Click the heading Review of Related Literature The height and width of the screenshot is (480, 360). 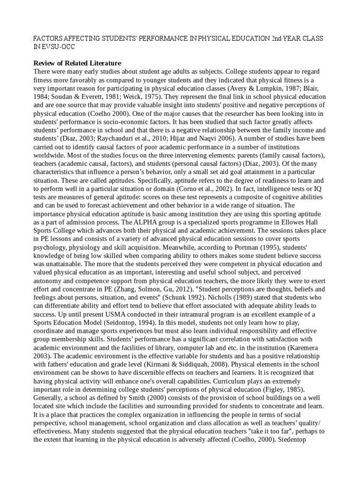click(77, 63)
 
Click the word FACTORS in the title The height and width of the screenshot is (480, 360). click(49, 37)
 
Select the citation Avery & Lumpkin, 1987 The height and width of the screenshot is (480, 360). click(262, 88)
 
